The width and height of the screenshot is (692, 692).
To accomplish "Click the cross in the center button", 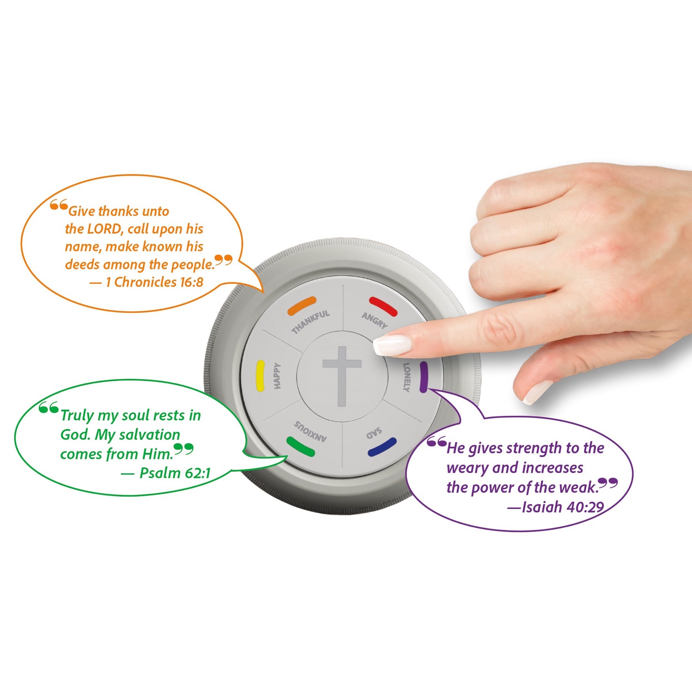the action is pos(342,376).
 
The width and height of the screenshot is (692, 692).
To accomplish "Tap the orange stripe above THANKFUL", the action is pos(302,305).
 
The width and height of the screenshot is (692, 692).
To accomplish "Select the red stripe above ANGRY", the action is pos(383,306).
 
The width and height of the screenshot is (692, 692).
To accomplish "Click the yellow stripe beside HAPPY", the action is pos(260,376).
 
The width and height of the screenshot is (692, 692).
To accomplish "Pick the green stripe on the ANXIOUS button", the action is pos(301,446).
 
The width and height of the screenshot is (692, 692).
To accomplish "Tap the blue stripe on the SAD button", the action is pos(382,447).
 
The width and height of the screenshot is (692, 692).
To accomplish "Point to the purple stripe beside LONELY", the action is pos(424,377).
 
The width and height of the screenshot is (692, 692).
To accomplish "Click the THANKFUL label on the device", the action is pos(311,322).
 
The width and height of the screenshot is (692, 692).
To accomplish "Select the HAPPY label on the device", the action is pos(277,376).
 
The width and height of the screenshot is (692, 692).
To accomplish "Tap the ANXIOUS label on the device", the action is pos(310,431).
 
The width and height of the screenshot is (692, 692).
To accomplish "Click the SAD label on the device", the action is pos(374,433).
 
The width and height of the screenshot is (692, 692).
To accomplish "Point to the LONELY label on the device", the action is pos(407,377).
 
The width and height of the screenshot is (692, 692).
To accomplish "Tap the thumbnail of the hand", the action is pos(537,392).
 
